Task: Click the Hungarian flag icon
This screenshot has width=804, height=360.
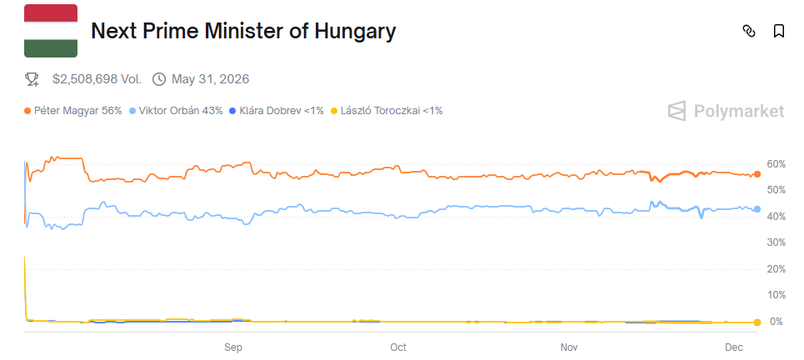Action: (x=51, y=31)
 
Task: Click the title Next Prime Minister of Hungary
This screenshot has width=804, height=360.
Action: (x=242, y=32)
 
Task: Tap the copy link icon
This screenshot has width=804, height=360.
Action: (x=748, y=32)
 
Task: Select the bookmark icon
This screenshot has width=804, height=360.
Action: (x=779, y=32)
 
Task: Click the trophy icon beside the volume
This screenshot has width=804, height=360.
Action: (x=32, y=79)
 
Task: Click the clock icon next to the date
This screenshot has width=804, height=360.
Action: (x=159, y=79)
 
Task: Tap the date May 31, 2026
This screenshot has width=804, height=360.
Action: (x=210, y=79)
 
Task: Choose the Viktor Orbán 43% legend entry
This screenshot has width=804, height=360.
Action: (x=179, y=110)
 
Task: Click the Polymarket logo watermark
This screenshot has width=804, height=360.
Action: (x=727, y=111)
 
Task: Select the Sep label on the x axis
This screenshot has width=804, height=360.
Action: (x=232, y=346)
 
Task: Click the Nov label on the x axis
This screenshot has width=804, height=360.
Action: (x=569, y=346)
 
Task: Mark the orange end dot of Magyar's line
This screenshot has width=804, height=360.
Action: (x=757, y=174)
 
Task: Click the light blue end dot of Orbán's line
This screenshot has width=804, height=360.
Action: (x=757, y=209)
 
